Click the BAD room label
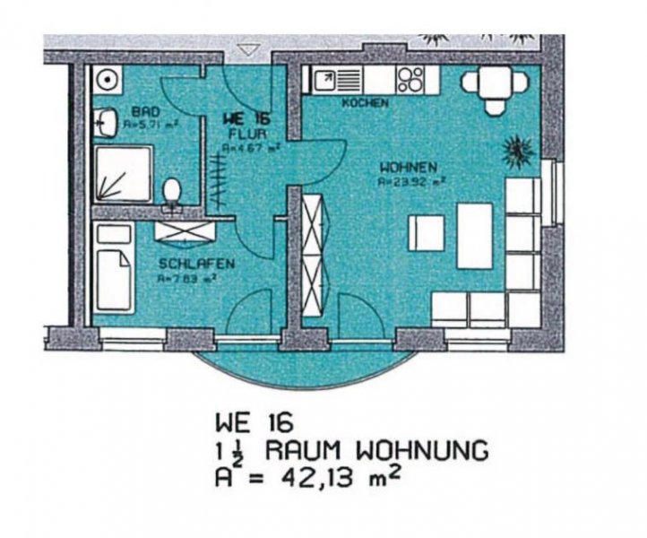(x=122, y=112)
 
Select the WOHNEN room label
(x=408, y=167)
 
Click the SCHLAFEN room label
(x=196, y=265)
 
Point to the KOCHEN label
(x=366, y=103)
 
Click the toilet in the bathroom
(x=173, y=192)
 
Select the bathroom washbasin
(x=106, y=122)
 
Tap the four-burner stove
(x=411, y=80)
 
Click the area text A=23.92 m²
(x=412, y=180)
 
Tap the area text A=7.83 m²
(x=191, y=278)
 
